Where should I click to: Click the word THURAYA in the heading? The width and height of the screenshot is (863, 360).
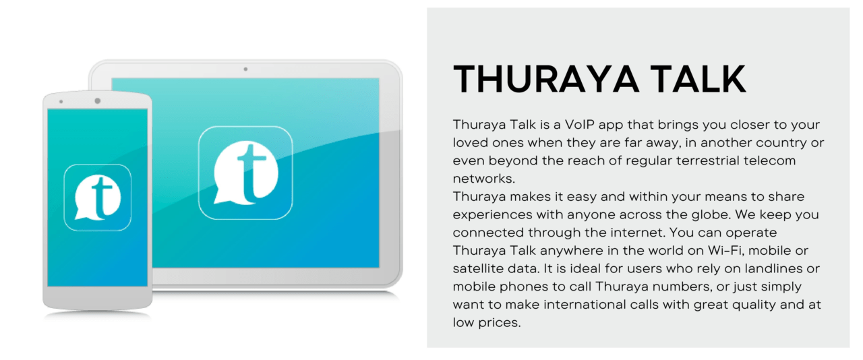[x=545, y=79]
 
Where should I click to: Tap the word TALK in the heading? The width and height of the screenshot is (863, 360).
[x=698, y=79]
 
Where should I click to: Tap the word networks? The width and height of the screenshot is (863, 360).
[x=484, y=179]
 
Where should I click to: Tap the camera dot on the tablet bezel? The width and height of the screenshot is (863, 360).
[x=245, y=69]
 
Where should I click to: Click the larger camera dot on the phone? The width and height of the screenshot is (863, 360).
[x=98, y=101]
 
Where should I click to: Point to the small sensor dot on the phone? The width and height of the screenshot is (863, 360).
[x=61, y=102]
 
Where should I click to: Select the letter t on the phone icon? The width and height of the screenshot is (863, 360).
[x=101, y=197]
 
